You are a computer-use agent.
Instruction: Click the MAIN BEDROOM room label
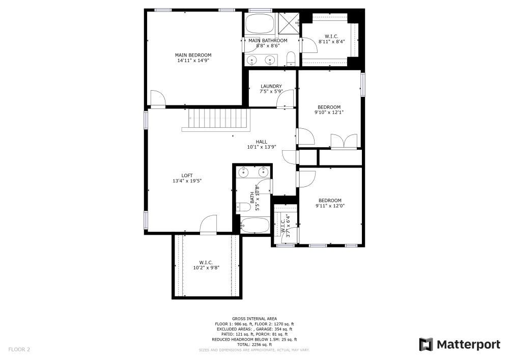[193, 55]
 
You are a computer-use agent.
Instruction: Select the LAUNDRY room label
[271, 87]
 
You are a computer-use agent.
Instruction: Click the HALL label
[261, 142]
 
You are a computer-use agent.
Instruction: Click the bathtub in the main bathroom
[259, 23]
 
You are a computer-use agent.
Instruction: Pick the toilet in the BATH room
[243, 207]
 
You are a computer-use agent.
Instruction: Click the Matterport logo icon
[426, 345]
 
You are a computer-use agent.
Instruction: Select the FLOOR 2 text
[19, 349]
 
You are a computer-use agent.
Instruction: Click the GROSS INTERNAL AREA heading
[254, 318]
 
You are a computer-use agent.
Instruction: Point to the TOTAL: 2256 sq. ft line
[254, 345]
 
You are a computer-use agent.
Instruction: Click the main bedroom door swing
[157, 99]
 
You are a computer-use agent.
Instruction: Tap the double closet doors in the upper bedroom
[343, 141]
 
